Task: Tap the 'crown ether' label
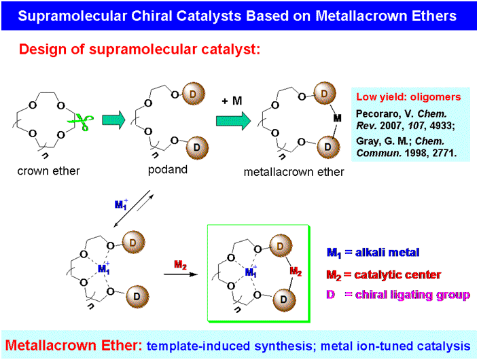(48, 170)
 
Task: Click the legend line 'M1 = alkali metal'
(373, 253)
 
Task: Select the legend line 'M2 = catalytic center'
(384, 274)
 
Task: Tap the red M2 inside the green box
(295, 272)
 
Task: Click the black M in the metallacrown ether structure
(336, 119)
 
